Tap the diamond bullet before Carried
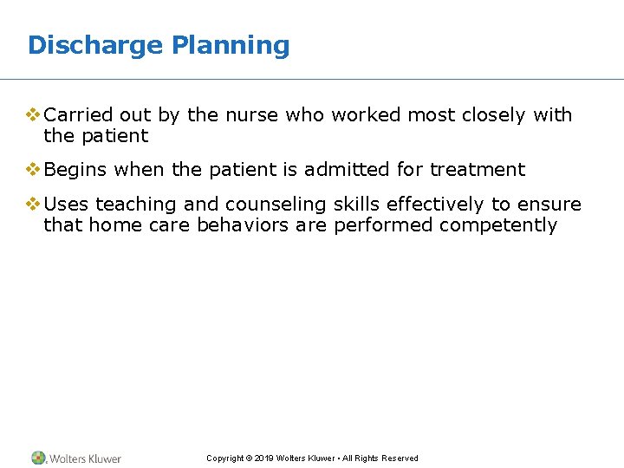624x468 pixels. [x=34, y=114]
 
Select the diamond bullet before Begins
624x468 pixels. [x=34, y=169]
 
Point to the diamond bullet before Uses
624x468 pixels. [x=34, y=204]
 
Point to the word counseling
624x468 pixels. [x=276, y=205]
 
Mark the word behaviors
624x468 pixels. [x=244, y=225]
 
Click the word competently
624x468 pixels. [x=498, y=225]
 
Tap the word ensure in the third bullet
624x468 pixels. [x=549, y=205]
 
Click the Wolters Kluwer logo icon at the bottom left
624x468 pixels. [x=39, y=458]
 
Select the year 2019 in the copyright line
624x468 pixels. [x=264, y=458]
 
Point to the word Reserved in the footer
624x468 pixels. [x=400, y=458]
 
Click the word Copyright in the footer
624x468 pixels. [x=224, y=458]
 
